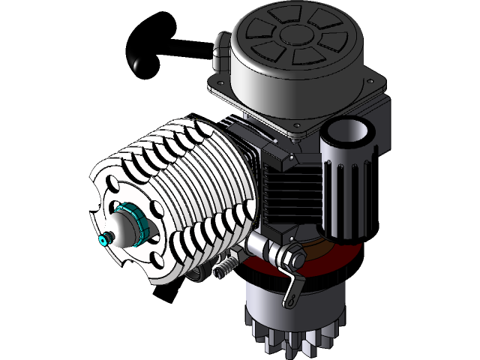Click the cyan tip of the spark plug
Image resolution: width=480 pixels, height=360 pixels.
tap(103, 240)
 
